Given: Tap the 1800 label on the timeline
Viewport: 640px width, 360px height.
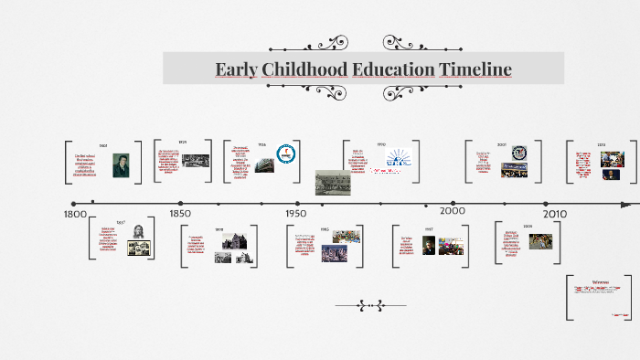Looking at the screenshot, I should [x=75, y=214].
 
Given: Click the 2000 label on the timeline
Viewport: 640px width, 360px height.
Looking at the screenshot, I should [x=453, y=210].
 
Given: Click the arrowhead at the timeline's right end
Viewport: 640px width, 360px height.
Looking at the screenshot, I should [x=626, y=204].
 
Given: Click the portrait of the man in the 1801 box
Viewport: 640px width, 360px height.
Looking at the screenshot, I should [x=121, y=164].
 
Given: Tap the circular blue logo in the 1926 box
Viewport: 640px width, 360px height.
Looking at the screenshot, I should [x=284, y=154].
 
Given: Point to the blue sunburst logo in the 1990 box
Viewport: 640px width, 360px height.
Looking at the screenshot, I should [x=398, y=157].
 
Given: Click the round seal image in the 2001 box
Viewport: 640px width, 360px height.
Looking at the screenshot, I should [x=519, y=153].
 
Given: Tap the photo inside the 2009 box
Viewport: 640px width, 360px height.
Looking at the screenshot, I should [x=541, y=241].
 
